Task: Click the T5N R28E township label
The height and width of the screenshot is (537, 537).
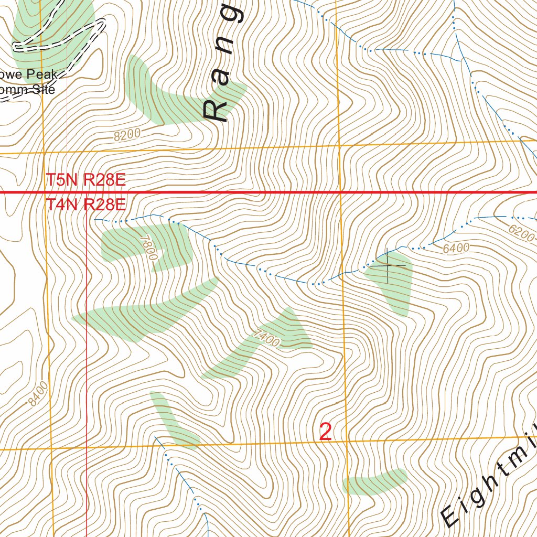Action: click(85, 180)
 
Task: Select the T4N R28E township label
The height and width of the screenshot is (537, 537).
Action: click(85, 205)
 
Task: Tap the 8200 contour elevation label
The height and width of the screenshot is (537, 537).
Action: click(127, 135)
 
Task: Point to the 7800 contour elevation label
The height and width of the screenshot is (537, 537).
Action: click(149, 247)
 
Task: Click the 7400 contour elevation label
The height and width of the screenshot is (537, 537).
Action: click(265, 338)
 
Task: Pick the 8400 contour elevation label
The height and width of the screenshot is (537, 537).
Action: click(39, 394)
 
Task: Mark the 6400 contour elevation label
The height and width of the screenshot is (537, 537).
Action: click(455, 248)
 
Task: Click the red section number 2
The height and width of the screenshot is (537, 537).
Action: click(325, 432)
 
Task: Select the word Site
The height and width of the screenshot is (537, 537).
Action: click(42, 89)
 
